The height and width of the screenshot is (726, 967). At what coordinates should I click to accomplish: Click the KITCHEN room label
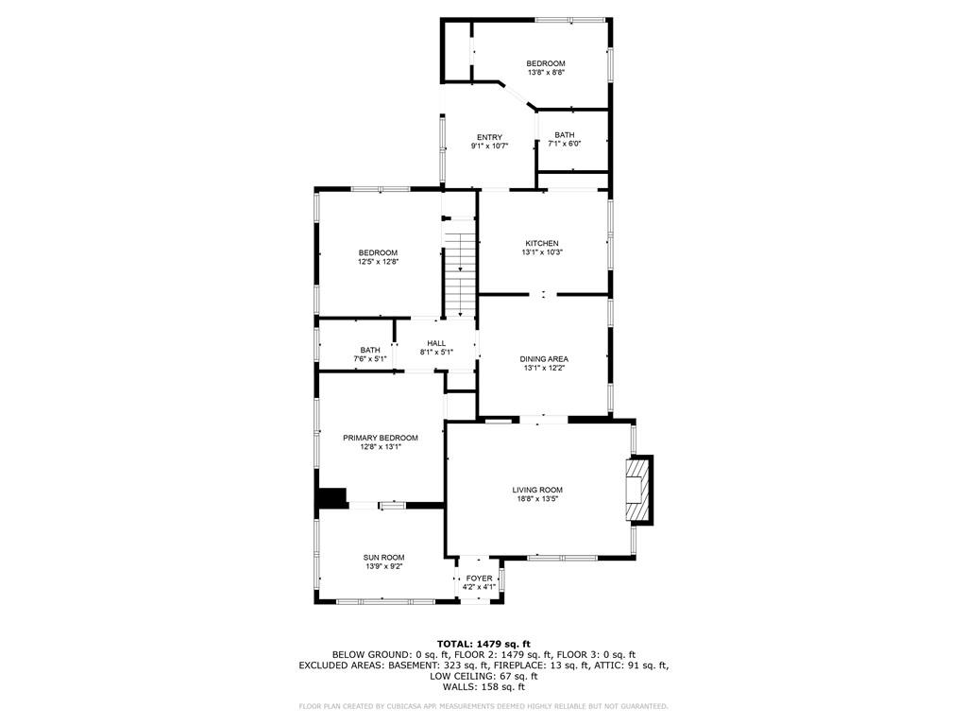(541, 243)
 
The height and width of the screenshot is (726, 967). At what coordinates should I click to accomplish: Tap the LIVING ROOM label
(537, 490)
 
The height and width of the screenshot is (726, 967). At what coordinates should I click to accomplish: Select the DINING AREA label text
(544, 359)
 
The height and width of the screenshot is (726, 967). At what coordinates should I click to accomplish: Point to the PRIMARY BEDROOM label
(381, 438)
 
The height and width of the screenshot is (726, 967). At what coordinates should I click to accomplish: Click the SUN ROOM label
(383, 558)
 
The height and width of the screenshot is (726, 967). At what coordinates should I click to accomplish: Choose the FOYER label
(479, 578)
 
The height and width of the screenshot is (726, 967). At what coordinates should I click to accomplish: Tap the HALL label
(436, 343)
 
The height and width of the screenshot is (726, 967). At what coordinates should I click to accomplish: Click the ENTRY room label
(489, 137)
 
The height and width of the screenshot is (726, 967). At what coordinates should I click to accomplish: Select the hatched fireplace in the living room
(639, 490)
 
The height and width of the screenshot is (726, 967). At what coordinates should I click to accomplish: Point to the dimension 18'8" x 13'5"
(537, 499)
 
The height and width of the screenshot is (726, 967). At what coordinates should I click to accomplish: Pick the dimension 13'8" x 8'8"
(546, 73)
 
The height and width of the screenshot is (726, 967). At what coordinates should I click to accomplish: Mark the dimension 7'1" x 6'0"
(565, 144)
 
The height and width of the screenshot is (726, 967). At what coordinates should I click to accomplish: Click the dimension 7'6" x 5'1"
(370, 359)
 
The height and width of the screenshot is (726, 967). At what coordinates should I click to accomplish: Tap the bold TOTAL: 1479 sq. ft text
(483, 644)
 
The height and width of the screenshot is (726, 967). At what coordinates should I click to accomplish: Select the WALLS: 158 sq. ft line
(483, 687)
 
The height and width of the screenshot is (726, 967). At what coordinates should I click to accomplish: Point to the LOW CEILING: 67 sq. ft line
(483, 676)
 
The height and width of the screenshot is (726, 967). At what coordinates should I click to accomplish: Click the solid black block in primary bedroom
(331, 497)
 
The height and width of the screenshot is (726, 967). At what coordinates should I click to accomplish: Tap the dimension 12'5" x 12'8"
(378, 262)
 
